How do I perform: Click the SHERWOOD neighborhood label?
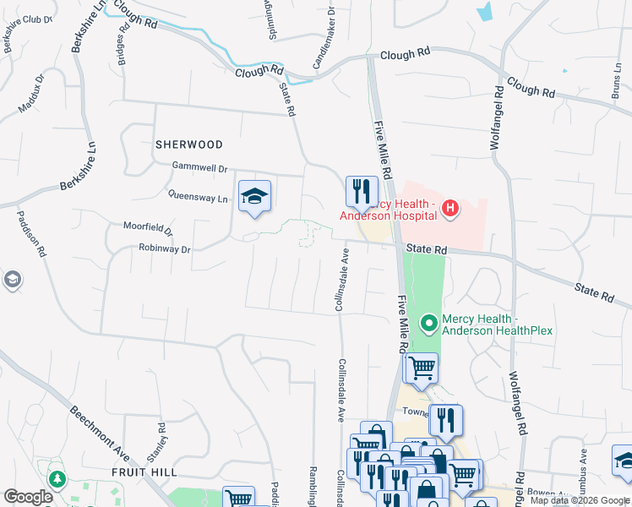(x=189, y=144)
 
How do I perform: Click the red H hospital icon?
(x=450, y=208)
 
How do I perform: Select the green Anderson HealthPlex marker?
(x=429, y=323)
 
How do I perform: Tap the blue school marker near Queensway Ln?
(x=254, y=198)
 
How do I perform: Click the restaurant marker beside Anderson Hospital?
(x=362, y=193)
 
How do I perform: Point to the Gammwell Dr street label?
(x=200, y=168)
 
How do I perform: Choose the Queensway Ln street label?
(x=199, y=199)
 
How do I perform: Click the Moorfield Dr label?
(x=148, y=229)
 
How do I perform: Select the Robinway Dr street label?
(x=166, y=249)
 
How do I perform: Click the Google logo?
(x=28, y=497)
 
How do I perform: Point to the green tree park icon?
(x=57, y=480)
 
